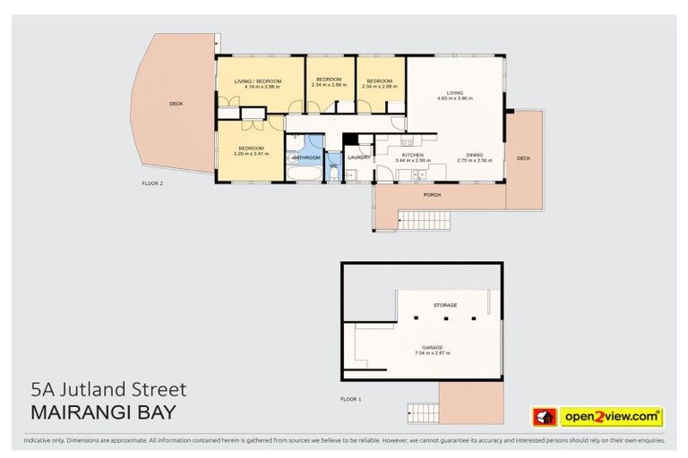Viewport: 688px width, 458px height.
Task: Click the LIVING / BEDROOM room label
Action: point(258,81)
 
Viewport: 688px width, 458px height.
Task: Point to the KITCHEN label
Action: point(412,156)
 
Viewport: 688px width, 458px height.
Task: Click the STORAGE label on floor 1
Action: point(445,305)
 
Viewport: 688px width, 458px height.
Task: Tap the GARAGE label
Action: point(432,346)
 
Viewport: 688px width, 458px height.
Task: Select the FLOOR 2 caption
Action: point(152,182)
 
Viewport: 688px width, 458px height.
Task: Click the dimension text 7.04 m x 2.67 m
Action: point(432,352)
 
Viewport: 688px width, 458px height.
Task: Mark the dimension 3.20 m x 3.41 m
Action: point(251,154)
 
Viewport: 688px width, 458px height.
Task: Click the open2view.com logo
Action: point(612,416)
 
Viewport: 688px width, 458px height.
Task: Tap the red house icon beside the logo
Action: point(545,416)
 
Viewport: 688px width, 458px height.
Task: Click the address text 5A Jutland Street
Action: point(108,389)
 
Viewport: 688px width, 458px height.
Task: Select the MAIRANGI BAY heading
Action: point(103,412)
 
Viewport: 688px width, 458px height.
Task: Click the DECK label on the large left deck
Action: point(176,104)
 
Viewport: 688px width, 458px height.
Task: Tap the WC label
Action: point(333,165)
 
